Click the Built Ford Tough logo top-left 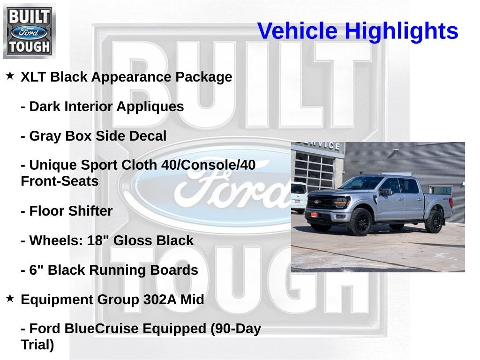tap(29, 31)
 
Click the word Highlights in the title tap(401, 31)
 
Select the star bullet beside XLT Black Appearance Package tap(10, 75)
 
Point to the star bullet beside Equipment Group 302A tap(10, 298)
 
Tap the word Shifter tap(90, 211)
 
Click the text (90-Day tap(236, 329)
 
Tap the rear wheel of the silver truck tap(434, 222)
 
